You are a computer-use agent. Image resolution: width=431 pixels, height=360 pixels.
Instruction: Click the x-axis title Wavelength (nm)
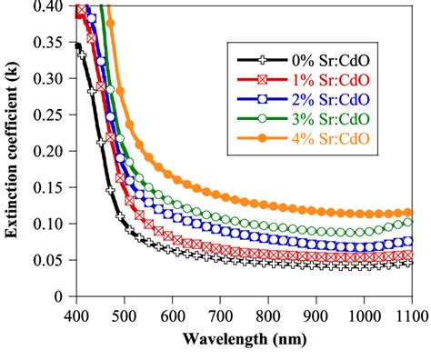coord(244,341)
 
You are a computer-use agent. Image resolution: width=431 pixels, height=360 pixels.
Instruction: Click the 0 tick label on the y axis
coord(60,296)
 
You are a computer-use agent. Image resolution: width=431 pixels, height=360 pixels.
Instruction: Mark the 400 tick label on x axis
coord(76,314)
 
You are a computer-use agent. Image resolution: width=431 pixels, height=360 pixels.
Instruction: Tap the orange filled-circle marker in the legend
coord(252,136)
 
